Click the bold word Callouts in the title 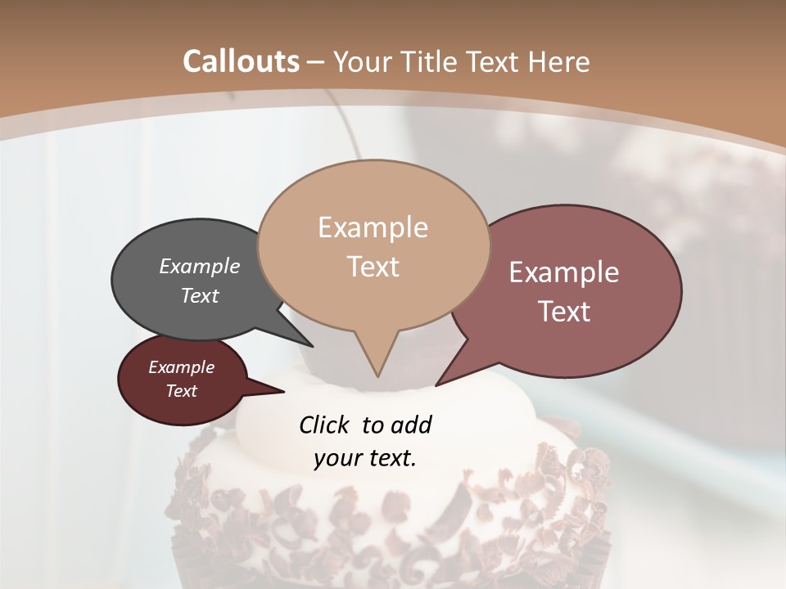click(241, 61)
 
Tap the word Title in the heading click(431, 61)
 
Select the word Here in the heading click(559, 61)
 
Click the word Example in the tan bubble click(373, 227)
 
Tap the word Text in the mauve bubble click(564, 312)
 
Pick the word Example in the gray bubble click(200, 266)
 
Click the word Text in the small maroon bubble click(182, 391)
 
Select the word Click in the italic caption click(325, 425)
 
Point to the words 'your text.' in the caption click(365, 458)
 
